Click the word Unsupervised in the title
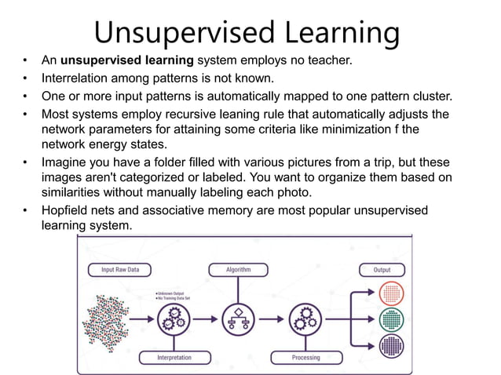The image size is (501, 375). (x=183, y=32)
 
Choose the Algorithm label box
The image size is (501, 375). (x=239, y=270)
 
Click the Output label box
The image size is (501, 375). (x=382, y=270)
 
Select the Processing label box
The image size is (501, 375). (x=305, y=358)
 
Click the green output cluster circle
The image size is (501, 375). (x=390, y=319)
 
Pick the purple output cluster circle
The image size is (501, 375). (x=390, y=346)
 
